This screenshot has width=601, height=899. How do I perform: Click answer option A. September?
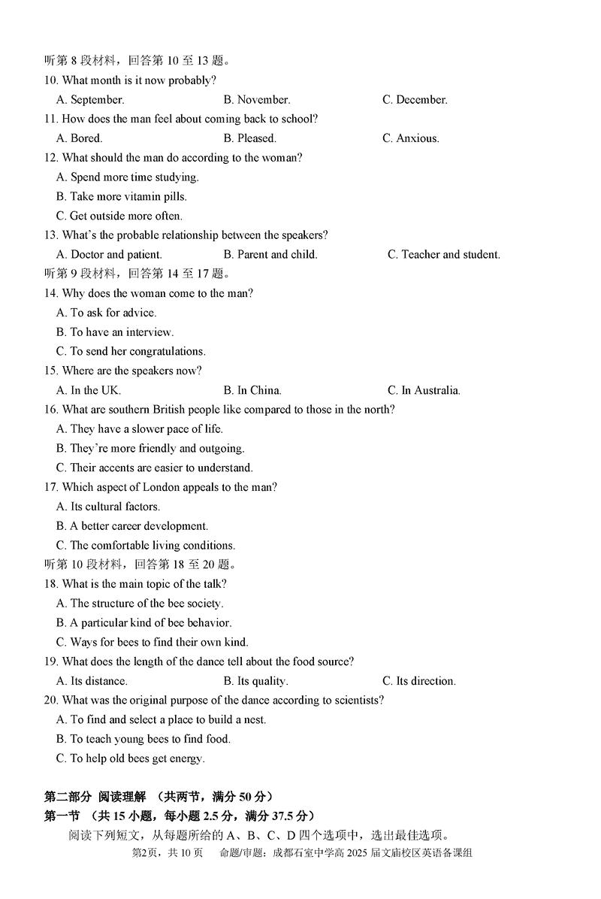(x=90, y=99)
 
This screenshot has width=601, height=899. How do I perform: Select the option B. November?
(x=257, y=99)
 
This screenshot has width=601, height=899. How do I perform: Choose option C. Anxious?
(x=411, y=138)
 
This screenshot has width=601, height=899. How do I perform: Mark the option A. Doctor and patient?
(x=109, y=255)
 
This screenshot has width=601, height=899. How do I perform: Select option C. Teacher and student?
(x=444, y=255)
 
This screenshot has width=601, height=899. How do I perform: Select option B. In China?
(x=252, y=390)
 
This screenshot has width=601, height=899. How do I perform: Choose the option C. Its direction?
(x=419, y=681)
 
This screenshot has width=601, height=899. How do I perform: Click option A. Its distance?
(x=92, y=681)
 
